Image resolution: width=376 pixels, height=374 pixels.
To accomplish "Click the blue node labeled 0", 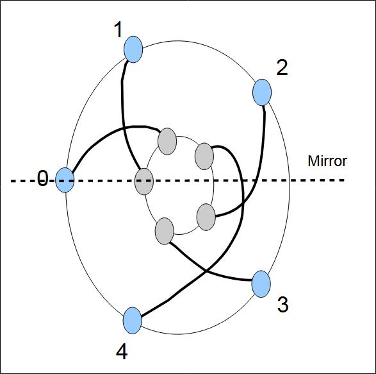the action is [65, 180].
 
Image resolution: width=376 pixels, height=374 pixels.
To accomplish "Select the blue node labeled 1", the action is [133, 49].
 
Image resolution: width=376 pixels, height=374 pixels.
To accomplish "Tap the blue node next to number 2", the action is [262, 92].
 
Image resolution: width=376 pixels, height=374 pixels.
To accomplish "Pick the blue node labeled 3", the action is [261, 284].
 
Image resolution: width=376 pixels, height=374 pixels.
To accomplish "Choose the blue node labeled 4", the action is [133, 321].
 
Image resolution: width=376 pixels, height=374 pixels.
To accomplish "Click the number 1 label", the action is [118, 30].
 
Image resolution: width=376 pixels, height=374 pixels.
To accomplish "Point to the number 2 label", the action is [282, 68].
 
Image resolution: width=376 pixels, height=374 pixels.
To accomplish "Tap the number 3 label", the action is [282, 304].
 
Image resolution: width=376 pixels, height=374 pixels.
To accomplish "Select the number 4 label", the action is [122, 352].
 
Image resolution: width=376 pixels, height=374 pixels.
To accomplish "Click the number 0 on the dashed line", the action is [43, 178].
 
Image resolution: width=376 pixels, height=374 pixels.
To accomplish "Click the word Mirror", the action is [327, 161].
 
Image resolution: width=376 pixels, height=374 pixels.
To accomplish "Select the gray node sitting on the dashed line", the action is [144, 182].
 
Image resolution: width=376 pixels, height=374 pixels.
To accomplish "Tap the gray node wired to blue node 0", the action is [167, 141].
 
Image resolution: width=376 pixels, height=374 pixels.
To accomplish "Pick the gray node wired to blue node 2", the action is [206, 217].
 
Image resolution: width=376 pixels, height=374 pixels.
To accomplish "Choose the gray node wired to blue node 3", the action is [165, 231].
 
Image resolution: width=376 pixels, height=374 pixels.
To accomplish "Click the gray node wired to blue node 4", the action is [204, 156].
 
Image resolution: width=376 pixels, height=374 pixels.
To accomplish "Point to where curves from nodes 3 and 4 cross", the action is [206, 271].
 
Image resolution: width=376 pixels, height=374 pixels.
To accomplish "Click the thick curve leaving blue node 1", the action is [123, 115].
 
